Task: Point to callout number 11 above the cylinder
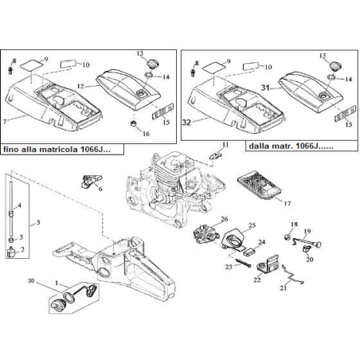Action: pyautogui.click(x=225, y=144)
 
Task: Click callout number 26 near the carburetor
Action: pyautogui.click(x=225, y=219)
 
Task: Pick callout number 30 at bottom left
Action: pyautogui.click(x=30, y=281)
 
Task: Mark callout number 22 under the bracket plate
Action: pyautogui.click(x=257, y=280)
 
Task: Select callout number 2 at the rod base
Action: pyautogui.click(x=22, y=248)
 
